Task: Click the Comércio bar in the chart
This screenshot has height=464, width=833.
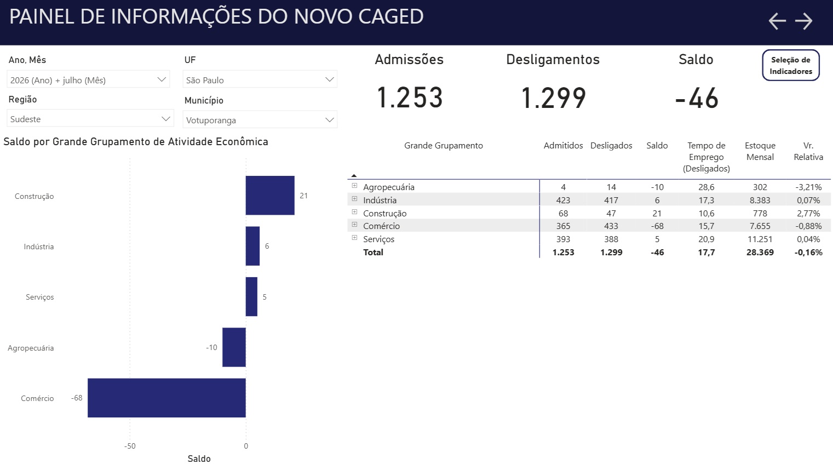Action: pyautogui.click(x=166, y=398)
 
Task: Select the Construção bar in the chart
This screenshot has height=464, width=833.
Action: pyautogui.click(x=270, y=196)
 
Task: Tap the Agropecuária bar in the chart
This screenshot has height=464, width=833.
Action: pyautogui.click(x=234, y=347)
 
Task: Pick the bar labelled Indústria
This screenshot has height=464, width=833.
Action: pyautogui.click(x=252, y=246)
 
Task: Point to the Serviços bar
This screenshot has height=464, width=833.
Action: pyautogui.click(x=251, y=296)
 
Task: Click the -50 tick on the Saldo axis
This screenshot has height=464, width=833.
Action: pyautogui.click(x=130, y=446)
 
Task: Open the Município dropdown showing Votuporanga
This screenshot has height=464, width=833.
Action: pyautogui.click(x=260, y=120)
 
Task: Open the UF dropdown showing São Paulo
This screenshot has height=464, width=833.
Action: pyautogui.click(x=260, y=79)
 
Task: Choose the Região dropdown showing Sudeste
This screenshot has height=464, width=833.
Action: pyautogui.click(x=90, y=119)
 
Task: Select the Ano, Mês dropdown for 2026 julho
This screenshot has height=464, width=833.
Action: pyautogui.click(x=89, y=79)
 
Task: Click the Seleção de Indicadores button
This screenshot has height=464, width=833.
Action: pyautogui.click(x=791, y=65)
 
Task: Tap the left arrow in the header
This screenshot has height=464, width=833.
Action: pyautogui.click(x=777, y=21)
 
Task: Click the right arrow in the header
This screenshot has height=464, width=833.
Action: pyautogui.click(x=803, y=21)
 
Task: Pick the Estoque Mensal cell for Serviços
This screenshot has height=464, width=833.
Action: pyautogui.click(x=760, y=239)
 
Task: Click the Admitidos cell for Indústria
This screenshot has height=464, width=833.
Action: pyautogui.click(x=563, y=200)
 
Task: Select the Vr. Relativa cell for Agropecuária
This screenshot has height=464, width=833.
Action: pyautogui.click(x=808, y=187)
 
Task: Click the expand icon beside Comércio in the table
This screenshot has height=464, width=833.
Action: pyautogui.click(x=354, y=225)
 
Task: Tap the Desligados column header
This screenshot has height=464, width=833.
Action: pyautogui.click(x=611, y=146)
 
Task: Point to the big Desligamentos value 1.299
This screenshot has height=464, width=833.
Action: pyautogui.click(x=553, y=98)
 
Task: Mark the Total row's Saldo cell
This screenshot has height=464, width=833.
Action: pyautogui.click(x=657, y=253)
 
